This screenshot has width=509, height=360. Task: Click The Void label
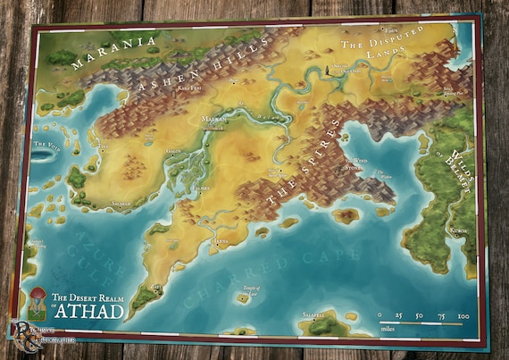pyautogui.click(x=46, y=144)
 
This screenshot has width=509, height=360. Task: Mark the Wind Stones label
pyautogui.click(x=355, y=164)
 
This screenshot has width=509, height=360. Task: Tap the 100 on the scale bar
pyautogui.click(x=462, y=314)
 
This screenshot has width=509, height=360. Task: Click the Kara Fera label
pyautogui.click(x=188, y=89)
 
